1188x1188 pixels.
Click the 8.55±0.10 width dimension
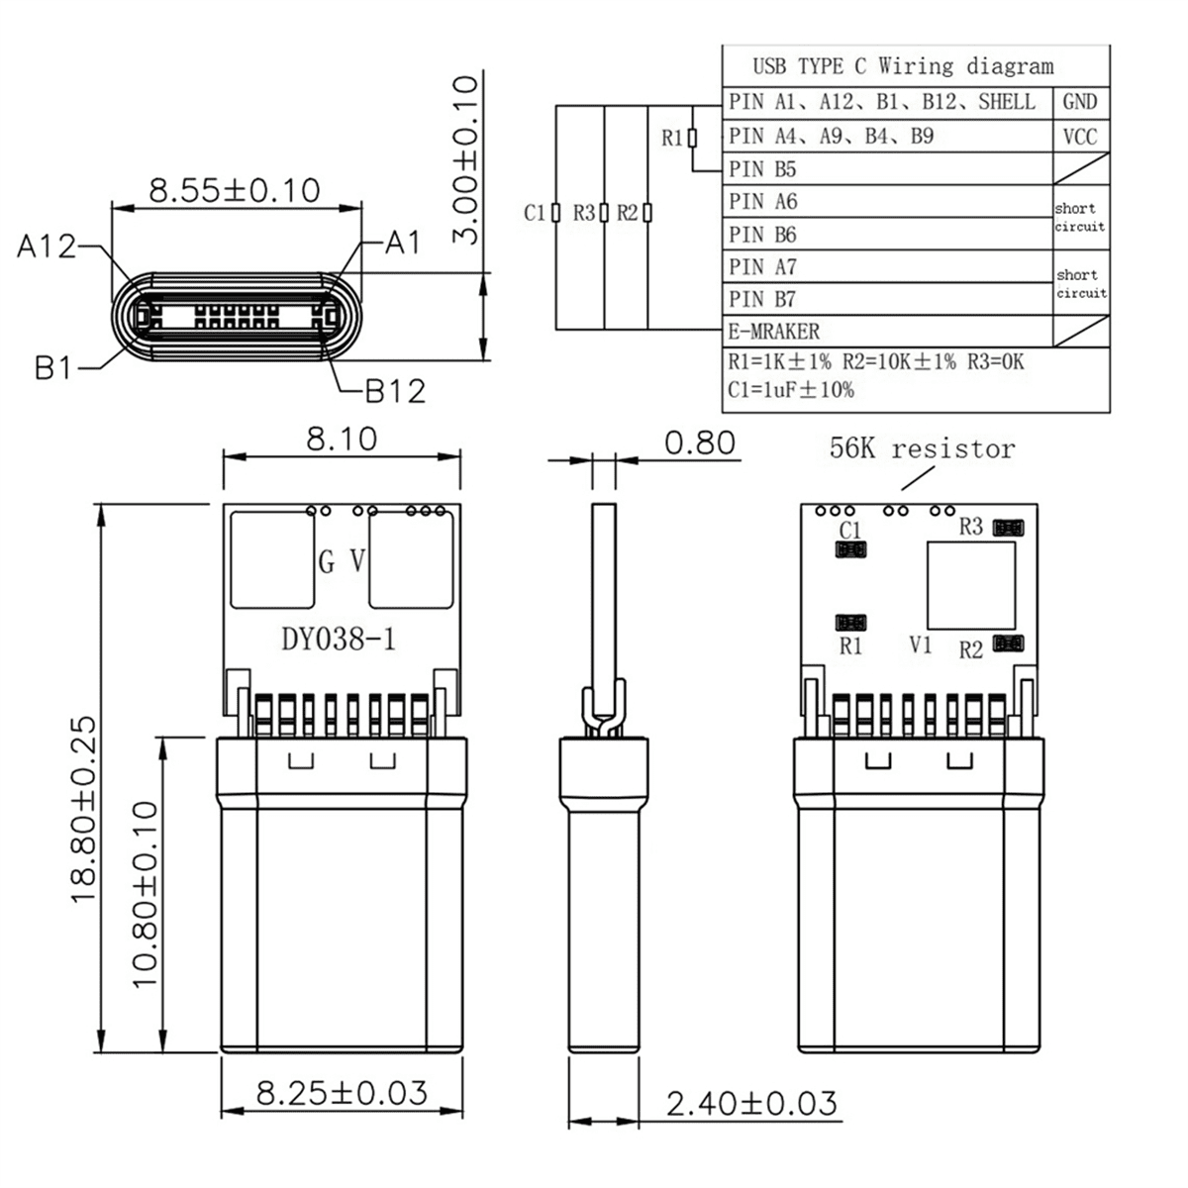click(x=235, y=189)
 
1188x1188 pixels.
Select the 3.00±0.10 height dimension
click(x=464, y=158)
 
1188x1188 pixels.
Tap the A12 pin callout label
click(x=47, y=247)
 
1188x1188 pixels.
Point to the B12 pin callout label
click(x=396, y=391)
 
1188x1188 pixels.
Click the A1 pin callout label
click(x=403, y=242)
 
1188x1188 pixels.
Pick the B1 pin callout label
click(x=54, y=368)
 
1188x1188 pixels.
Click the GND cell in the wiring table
click(x=1080, y=102)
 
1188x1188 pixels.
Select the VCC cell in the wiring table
click(x=1080, y=137)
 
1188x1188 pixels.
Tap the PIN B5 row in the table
click(x=762, y=169)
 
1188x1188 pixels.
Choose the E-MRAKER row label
click(x=774, y=331)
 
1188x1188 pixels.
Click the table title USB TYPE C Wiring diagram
click(x=903, y=66)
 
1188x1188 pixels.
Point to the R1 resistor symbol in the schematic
click(x=692, y=139)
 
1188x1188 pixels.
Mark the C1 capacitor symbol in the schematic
click(x=556, y=213)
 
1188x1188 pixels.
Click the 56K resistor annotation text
click(x=922, y=449)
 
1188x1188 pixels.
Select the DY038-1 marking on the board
click(x=339, y=640)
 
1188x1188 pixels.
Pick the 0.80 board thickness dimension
click(x=700, y=443)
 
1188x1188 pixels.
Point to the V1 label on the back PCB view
click(x=921, y=645)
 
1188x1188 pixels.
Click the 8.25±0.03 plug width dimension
click(x=342, y=1093)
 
